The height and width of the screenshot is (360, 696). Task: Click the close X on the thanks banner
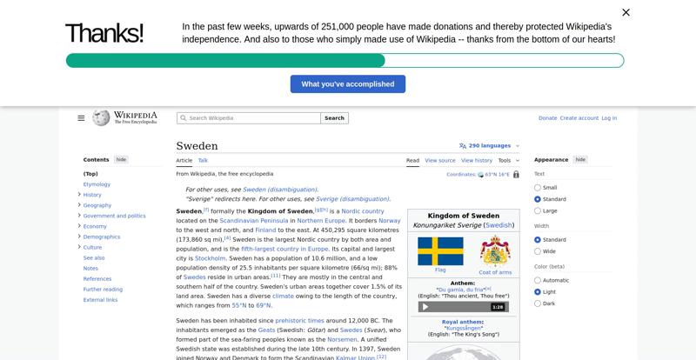626,12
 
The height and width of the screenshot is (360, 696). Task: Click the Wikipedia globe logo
101,117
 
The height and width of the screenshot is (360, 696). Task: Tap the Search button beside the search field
334,118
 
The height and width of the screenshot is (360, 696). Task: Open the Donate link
547,118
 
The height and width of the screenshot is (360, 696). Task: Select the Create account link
579,118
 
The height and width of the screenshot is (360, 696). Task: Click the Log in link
609,118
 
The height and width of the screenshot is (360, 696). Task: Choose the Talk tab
203,160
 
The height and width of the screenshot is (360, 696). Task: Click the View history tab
476,160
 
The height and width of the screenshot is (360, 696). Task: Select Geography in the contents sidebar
97,205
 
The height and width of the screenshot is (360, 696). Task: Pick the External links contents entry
100,300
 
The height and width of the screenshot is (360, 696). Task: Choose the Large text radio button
538,210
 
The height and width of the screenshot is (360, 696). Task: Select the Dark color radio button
538,303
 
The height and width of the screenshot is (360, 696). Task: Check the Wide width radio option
538,251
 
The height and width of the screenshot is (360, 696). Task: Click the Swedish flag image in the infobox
440,251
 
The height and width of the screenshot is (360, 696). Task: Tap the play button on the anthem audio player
425,307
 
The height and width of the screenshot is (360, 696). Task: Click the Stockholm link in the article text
210,258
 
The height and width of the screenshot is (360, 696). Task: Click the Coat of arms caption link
495,272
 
